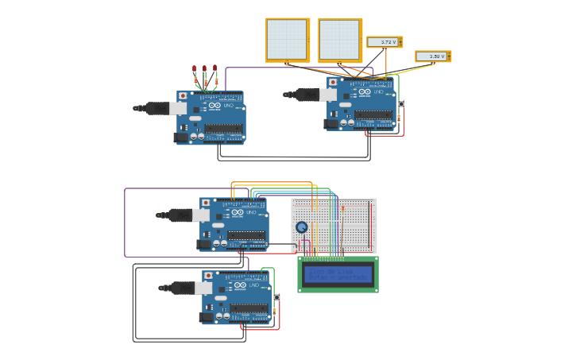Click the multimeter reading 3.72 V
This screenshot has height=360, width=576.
click(385, 42)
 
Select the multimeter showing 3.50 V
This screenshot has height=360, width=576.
click(433, 56)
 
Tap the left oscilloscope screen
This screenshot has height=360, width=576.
click(287, 39)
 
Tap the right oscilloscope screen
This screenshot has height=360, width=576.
click(340, 40)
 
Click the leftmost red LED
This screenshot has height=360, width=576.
click(194, 69)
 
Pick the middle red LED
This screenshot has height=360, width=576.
click(204, 69)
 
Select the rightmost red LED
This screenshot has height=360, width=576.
click(215, 69)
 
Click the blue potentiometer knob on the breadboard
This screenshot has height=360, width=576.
click(302, 227)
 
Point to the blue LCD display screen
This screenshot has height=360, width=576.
click(338, 274)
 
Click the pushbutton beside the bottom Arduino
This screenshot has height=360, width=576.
click(276, 297)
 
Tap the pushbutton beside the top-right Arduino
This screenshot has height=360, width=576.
click(401, 104)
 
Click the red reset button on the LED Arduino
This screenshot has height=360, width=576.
click(183, 96)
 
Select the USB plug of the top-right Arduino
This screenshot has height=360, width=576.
click(305, 95)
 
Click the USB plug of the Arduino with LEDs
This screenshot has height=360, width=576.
click(156, 108)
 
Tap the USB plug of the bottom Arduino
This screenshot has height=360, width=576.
click(181, 288)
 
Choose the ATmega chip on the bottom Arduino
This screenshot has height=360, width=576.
click(249, 308)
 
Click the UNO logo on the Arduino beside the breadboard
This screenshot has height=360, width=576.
click(251, 212)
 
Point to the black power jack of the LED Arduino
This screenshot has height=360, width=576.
click(181, 137)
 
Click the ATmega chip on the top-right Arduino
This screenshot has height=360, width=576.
click(373, 114)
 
